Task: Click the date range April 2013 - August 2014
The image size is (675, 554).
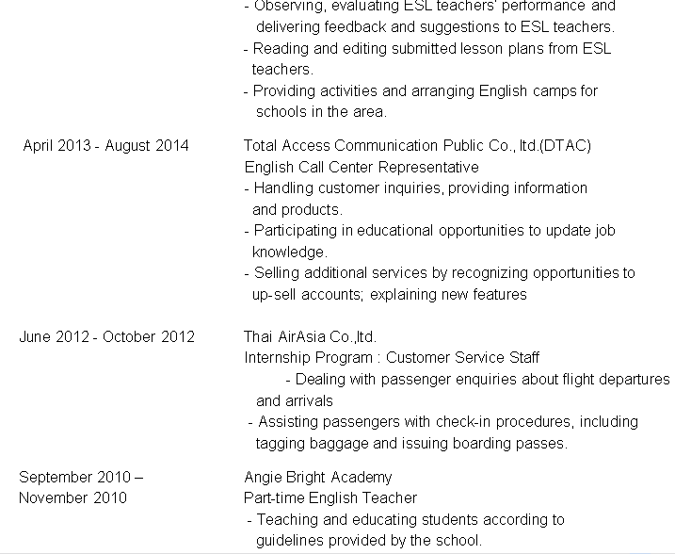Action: coord(105,145)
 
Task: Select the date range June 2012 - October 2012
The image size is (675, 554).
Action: coord(106,336)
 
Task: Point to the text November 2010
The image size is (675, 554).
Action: coord(72,497)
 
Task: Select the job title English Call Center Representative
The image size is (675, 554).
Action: coord(361,167)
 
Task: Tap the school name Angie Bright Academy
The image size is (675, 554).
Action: coord(317,477)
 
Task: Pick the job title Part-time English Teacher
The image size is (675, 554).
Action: coord(329,497)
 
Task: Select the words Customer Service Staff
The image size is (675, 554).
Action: coord(463,358)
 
